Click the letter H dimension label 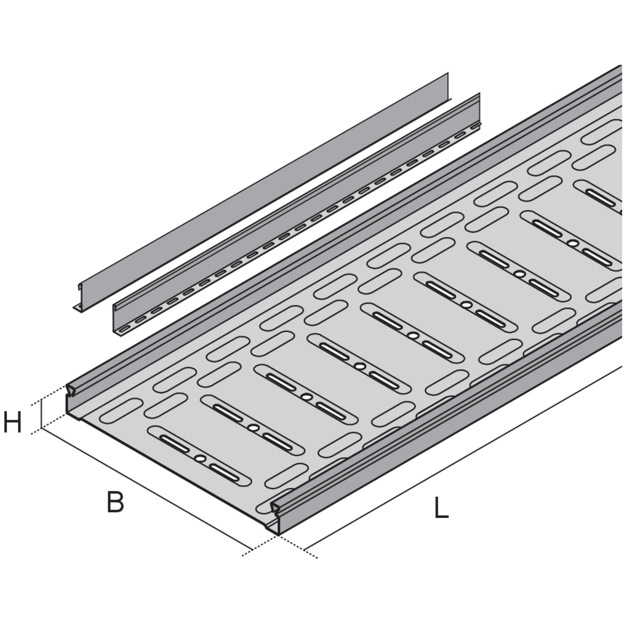pos(13,422)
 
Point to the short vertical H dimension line pos(41,414)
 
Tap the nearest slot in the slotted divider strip pos(125,329)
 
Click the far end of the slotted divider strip pos(479,110)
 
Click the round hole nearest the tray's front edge pos(200,458)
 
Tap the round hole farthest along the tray pos(573,243)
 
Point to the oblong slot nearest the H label pos(121,411)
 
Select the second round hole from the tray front pos(254,428)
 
